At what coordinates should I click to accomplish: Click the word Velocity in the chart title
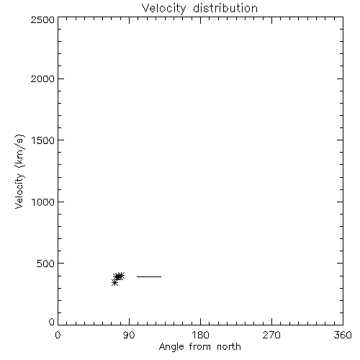click(x=164, y=9)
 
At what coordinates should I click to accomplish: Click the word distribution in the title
click(x=225, y=8)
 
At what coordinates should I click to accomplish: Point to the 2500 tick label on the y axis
click(x=42, y=19)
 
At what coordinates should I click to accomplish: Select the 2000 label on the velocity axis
click(x=42, y=78)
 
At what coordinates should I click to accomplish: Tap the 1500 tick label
click(x=43, y=140)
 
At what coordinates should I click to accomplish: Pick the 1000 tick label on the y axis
click(x=43, y=202)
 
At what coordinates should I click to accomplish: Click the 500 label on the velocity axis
click(x=46, y=264)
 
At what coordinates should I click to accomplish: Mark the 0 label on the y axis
click(x=52, y=322)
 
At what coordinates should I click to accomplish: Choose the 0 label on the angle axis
click(x=58, y=335)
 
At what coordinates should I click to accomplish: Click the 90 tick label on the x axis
click(x=129, y=335)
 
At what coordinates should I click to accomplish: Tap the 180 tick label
click(x=200, y=335)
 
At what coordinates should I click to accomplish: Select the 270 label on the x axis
click(x=271, y=335)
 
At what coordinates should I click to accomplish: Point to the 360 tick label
click(x=343, y=335)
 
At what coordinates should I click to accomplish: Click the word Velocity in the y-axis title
click(x=19, y=191)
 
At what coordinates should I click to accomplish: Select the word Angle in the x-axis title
click(x=171, y=347)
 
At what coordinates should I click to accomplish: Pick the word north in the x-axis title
click(x=229, y=347)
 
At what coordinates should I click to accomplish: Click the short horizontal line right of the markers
click(x=149, y=276)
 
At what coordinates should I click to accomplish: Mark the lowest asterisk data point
click(x=114, y=283)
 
